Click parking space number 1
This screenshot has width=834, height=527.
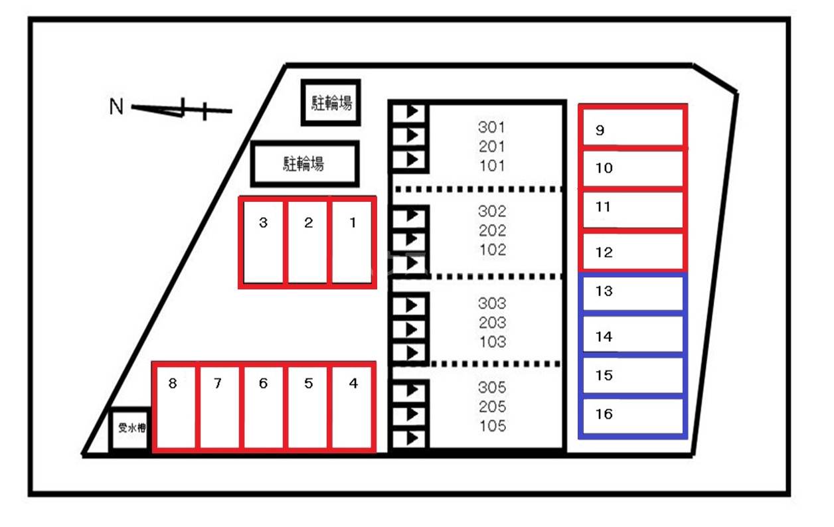coord(352,242)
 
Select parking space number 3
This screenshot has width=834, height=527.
coord(263,242)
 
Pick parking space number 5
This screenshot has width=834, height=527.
coord(307,407)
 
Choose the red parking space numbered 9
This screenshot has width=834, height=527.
coord(633,127)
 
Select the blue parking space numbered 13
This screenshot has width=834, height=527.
coord(633,293)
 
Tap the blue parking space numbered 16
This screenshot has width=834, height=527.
coord(633,417)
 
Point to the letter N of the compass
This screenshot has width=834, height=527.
coord(116,106)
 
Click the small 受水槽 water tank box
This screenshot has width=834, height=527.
coord(130,429)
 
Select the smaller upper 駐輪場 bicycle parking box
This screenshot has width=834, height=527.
coord(331,102)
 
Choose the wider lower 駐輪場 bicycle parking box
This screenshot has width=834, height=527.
coord(305,164)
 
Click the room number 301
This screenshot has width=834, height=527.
coord(492,127)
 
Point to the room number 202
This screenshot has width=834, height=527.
coord(492,231)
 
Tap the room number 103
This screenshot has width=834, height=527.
coord(493,342)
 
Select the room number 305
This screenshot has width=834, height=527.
coord(492,388)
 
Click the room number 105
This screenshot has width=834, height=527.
coord(493,425)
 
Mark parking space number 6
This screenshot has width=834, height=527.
coord(263,407)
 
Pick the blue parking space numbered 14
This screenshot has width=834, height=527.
coord(633,335)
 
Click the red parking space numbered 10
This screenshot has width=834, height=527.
coord(633,168)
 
